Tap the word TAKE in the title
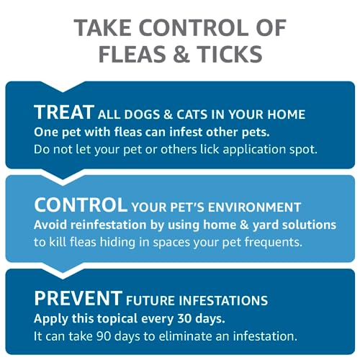click(106, 28)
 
